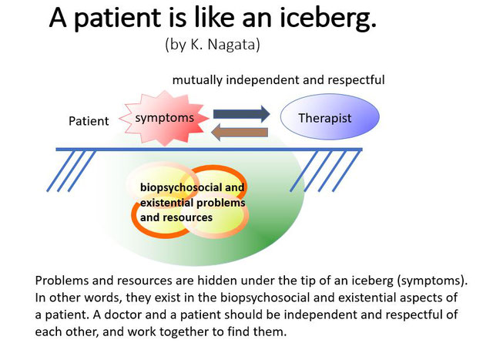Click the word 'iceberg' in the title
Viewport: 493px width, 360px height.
point(328,18)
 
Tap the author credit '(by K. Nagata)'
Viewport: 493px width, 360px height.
point(213,44)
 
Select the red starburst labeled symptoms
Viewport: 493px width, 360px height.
point(164,118)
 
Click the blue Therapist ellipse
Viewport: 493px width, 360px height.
point(330,116)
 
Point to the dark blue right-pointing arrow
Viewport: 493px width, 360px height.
point(241,114)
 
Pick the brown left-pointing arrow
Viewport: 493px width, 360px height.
point(240,132)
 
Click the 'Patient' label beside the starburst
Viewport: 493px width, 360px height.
point(89,121)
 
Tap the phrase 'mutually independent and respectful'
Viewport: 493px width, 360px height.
point(279,80)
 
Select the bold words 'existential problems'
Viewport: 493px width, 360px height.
point(193,202)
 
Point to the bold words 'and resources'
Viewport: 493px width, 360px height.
point(176,217)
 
